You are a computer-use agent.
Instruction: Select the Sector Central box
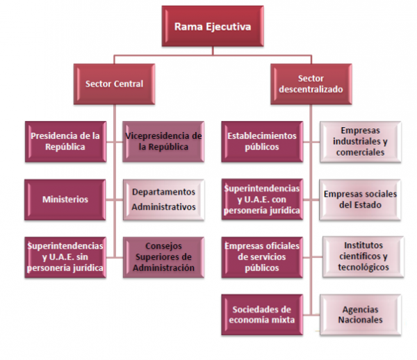click(115, 84)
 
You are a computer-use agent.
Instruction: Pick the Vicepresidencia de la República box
click(164, 141)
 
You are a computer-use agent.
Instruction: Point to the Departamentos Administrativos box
click(164, 199)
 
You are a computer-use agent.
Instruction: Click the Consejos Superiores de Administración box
click(164, 256)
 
